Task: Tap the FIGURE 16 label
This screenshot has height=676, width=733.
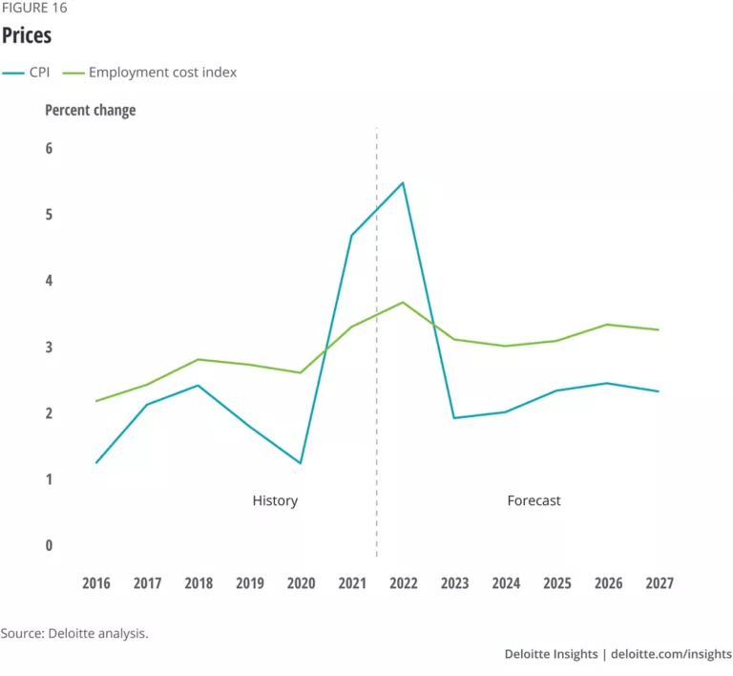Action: [33, 8]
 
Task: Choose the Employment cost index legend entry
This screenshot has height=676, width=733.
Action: [162, 72]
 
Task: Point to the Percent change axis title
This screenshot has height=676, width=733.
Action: [91, 110]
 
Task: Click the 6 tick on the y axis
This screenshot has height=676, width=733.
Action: [49, 149]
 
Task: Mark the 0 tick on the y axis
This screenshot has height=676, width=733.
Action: [49, 546]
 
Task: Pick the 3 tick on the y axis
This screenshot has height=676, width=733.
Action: [49, 348]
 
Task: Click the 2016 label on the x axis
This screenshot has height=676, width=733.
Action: [95, 583]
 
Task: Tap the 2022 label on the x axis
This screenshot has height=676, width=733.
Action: [403, 583]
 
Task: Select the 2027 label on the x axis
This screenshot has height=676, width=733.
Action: [660, 583]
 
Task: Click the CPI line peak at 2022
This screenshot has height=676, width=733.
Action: [403, 182]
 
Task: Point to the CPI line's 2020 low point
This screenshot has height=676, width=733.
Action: [301, 463]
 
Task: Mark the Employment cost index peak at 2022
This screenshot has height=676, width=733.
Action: [403, 302]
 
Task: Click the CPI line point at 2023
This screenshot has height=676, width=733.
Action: [454, 418]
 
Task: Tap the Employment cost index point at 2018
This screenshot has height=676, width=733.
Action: [198, 359]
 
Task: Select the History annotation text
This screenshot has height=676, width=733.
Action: [275, 500]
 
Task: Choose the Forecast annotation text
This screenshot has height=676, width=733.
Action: [534, 500]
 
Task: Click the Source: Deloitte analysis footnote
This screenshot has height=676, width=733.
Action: [74, 633]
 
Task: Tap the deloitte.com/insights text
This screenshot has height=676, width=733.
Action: [671, 654]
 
